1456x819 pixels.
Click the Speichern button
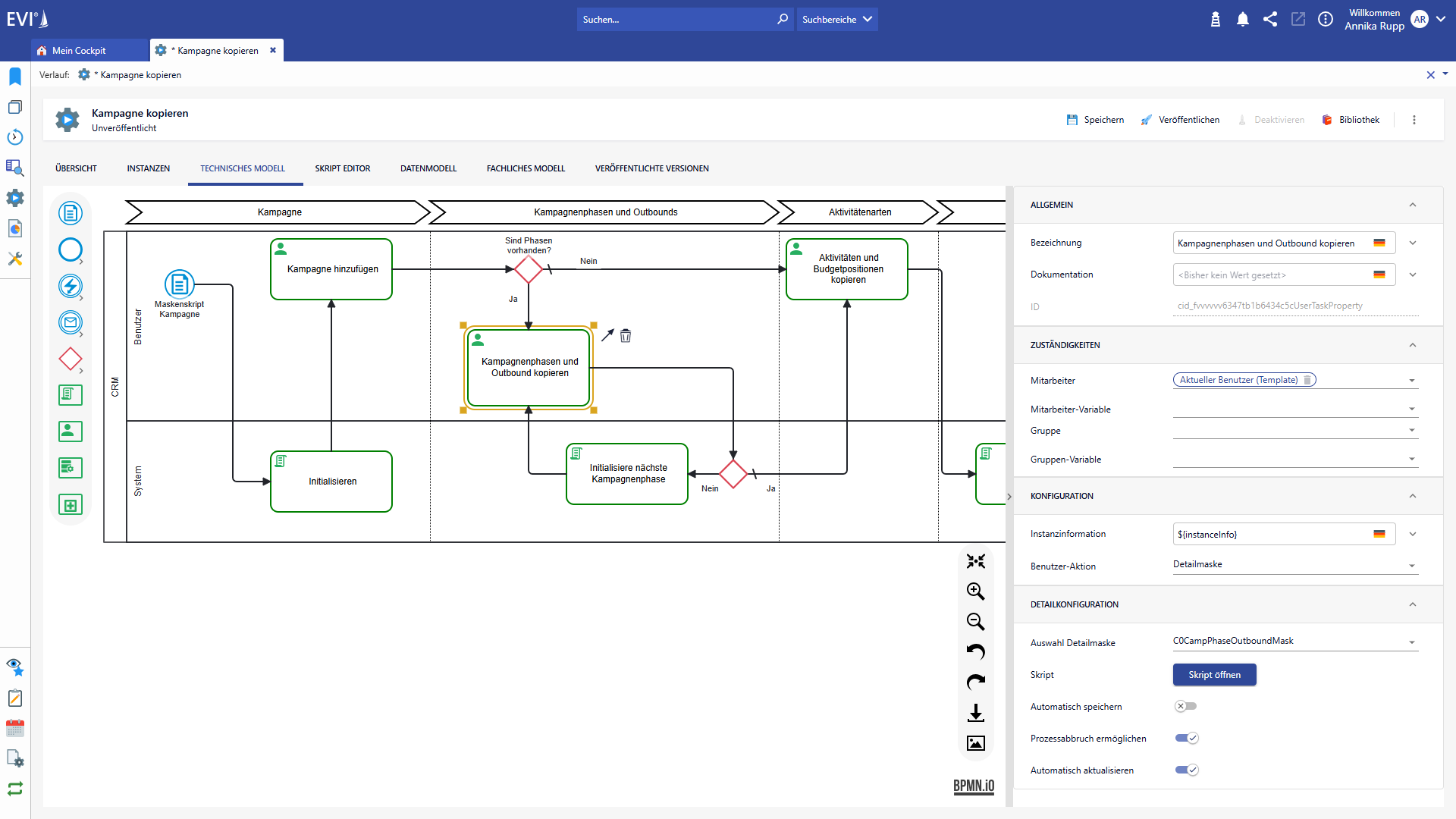(1095, 120)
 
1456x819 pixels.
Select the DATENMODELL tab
(428, 168)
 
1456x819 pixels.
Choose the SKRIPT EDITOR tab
(343, 168)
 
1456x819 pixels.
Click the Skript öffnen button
(1214, 675)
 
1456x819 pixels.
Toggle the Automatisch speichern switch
(1186, 706)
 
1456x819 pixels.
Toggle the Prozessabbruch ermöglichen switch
(1187, 738)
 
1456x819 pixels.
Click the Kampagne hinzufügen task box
(331, 269)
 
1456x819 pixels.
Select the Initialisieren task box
(331, 482)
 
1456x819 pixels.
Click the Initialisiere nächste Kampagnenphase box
(627, 474)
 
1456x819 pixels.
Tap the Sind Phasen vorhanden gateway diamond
(529, 269)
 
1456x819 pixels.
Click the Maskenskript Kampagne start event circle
(180, 284)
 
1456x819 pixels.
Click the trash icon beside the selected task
(626, 335)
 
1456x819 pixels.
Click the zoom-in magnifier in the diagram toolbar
(976, 591)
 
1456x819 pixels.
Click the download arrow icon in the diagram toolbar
(976, 713)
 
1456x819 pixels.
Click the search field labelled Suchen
(675, 20)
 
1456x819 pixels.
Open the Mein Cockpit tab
(79, 51)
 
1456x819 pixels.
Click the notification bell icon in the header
(1243, 20)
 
